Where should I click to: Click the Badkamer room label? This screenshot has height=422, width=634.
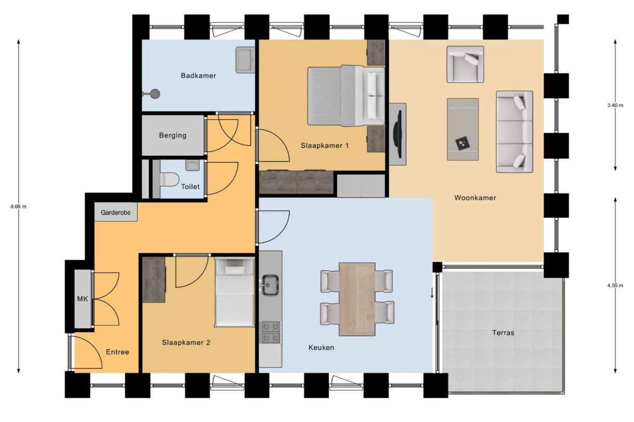click(x=199, y=76)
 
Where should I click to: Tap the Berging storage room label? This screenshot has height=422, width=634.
click(x=173, y=135)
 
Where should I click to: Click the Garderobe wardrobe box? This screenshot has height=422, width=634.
click(x=116, y=212)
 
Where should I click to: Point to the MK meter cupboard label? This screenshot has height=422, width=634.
click(x=82, y=299)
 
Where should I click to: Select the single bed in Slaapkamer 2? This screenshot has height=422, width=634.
click(x=234, y=293)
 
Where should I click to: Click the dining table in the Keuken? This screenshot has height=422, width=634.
click(x=357, y=299)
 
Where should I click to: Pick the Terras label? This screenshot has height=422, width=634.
click(x=503, y=333)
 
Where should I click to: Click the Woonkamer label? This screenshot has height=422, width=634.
click(x=475, y=198)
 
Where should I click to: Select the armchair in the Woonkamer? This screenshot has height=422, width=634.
click(x=465, y=64)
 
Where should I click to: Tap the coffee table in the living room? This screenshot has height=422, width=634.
click(x=463, y=129)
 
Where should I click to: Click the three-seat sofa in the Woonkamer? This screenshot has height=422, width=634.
click(x=514, y=131)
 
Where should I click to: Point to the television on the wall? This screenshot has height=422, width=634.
click(x=398, y=134)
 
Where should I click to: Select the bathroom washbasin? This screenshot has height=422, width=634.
click(x=245, y=60)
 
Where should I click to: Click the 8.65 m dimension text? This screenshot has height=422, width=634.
click(x=18, y=207)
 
